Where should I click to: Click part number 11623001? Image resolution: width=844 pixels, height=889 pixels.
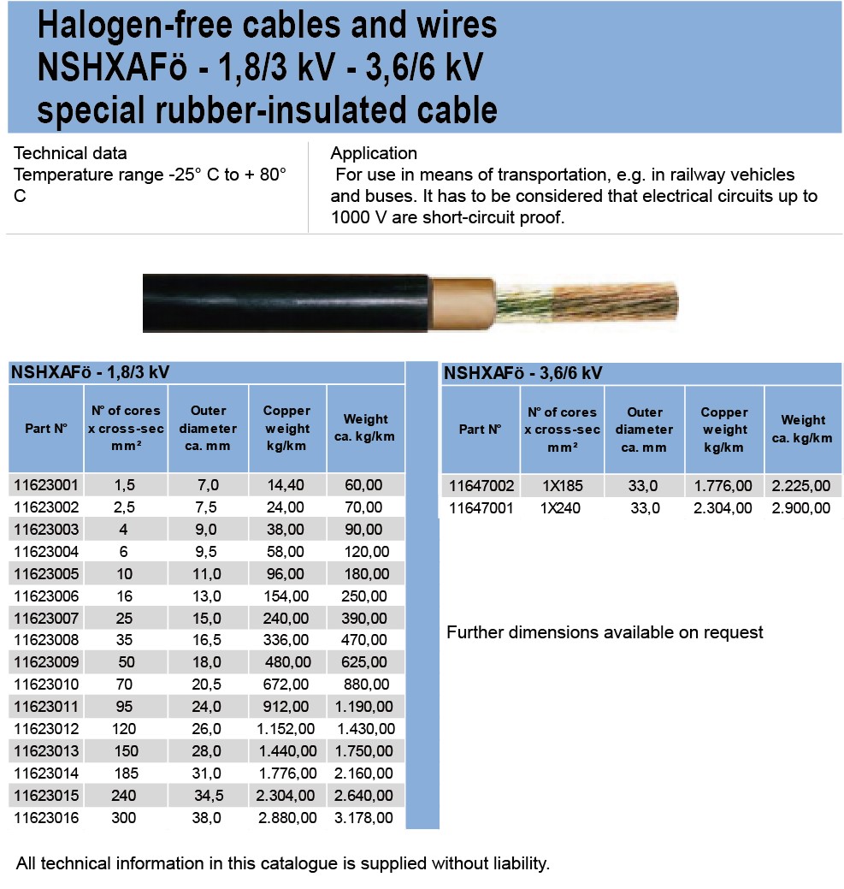46,485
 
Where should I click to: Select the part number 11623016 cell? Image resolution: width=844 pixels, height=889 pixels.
46,818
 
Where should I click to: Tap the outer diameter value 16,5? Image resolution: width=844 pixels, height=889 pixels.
208,640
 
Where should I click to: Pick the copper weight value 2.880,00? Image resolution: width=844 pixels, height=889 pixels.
286,818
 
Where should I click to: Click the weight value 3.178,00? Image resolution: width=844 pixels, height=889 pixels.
366,818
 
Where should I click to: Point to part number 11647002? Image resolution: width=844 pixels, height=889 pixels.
481,486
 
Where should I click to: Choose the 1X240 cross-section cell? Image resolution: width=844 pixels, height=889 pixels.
562,508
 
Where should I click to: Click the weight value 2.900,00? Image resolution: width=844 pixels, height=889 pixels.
801,508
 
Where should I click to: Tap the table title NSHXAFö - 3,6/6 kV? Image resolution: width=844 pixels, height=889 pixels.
523,373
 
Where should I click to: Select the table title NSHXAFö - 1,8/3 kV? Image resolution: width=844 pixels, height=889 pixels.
90,372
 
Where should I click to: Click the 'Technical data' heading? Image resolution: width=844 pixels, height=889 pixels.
71,154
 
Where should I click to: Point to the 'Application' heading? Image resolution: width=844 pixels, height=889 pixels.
374,154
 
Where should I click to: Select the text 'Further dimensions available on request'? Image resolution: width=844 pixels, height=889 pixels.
605,633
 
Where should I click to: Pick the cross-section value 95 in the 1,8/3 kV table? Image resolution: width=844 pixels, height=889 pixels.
125,707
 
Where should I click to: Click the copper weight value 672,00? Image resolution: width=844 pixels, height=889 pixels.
286,685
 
